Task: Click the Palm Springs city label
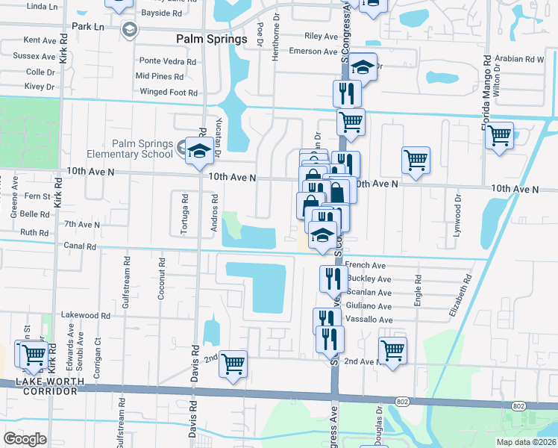pyautogui.click(x=211, y=39)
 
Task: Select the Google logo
pyautogui.click(x=25, y=439)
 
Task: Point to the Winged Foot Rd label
pyautogui.click(x=169, y=93)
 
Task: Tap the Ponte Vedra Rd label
pyautogui.click(x=160, y=60)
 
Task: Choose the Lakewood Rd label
pyautogui.click(x=85, y=315)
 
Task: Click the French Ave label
pyautogui.click(x=365, y=265)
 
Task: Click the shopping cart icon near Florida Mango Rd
pyautogui.click(x=500, y=136)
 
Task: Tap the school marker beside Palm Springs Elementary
pyautogui.click(x=199, y=152)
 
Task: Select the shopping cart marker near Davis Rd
pyautogui.click(x=233, y=364)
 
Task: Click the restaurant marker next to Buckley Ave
pyautogui.click(x=332, y=279)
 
